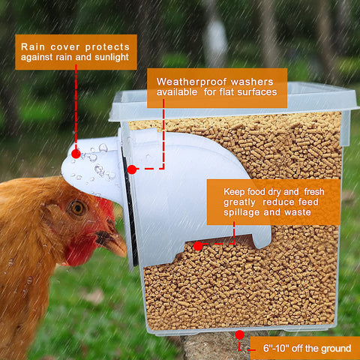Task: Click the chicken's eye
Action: point(78,208)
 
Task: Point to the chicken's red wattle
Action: point(79,251)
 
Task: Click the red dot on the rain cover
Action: point(75,153)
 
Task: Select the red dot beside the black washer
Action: point(132,169)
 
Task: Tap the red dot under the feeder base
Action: point(239,334)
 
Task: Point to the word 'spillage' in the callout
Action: point(244,213)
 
